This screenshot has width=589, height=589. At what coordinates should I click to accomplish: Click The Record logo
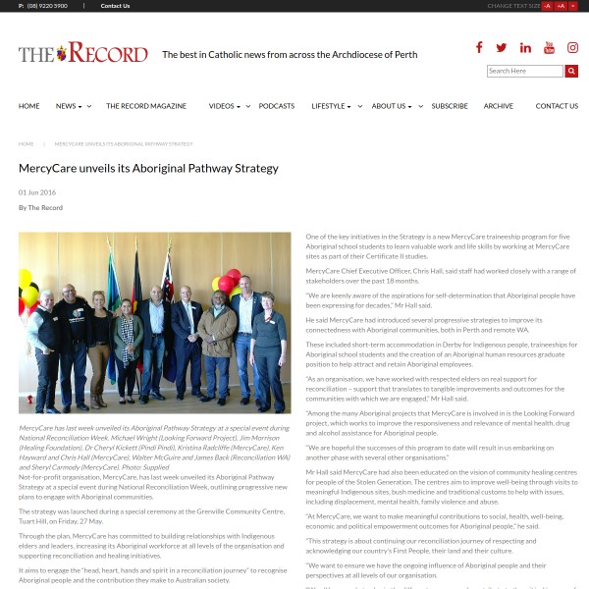(x=82, y=53)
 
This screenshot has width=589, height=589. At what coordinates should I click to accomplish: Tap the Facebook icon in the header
(x=479, y=47)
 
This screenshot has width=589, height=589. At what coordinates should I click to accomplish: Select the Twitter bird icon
(x=502, y=47)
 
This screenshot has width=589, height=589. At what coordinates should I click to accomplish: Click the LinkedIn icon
(x=525, y=47)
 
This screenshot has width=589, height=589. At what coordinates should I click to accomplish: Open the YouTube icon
(x=549, y=47)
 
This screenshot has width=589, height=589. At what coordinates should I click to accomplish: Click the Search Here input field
(x=524, y=71)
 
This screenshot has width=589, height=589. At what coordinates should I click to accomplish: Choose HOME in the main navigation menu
(x=29, y=106)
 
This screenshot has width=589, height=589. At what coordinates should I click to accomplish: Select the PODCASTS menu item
(x=276, y=106)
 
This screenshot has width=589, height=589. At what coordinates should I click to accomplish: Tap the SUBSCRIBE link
(x=450, y=106)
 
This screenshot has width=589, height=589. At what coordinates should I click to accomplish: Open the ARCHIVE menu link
(x=498, y=106)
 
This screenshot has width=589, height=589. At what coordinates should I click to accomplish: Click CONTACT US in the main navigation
(x=557, y=106)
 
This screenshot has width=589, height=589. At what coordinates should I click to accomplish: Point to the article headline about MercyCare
(x=148, y=168)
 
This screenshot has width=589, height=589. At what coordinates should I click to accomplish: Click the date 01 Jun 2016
(x=37, y=192)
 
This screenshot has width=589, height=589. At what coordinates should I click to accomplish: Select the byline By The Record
(x=40, y=208)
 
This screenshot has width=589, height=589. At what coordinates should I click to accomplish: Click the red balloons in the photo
(x=227, y=282)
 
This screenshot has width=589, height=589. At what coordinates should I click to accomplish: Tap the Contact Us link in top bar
(x=115, y=6)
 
